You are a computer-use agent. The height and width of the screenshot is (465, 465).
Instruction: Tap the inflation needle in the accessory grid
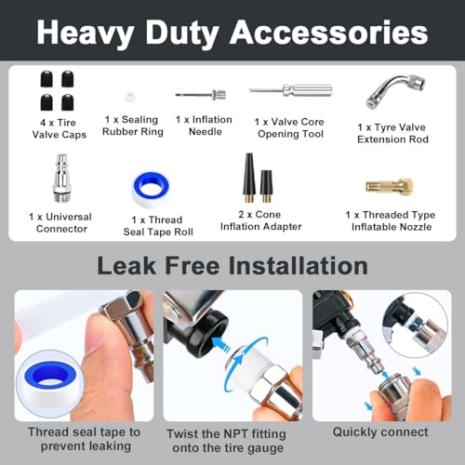[x=200, y=94]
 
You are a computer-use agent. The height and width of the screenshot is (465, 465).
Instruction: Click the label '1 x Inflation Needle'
[x=203, y=126]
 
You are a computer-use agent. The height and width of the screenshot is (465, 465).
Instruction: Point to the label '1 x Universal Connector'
[x=60, y=223]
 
